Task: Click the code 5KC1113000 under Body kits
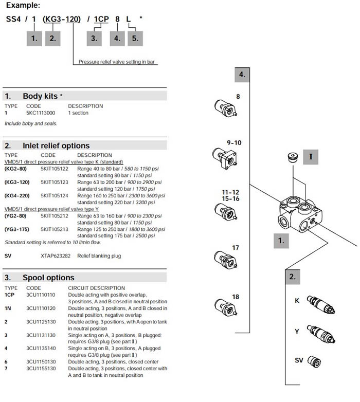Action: pos(41,113)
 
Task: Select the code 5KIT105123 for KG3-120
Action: pos(54,182)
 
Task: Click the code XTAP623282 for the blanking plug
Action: pos(54,255)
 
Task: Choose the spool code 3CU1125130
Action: pos(41,321)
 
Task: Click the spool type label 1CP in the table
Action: pos(9,295)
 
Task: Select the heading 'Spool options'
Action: pos(48,278)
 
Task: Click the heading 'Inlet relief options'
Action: pos(56,145)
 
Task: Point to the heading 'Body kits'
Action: pos(40,96)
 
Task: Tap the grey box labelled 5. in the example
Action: pos(135,38)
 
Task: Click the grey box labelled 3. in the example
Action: pos(94,38)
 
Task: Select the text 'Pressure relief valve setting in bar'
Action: pos(117,62)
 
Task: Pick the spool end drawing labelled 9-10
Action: pos(224,155)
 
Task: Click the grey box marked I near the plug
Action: pos(311,157)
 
